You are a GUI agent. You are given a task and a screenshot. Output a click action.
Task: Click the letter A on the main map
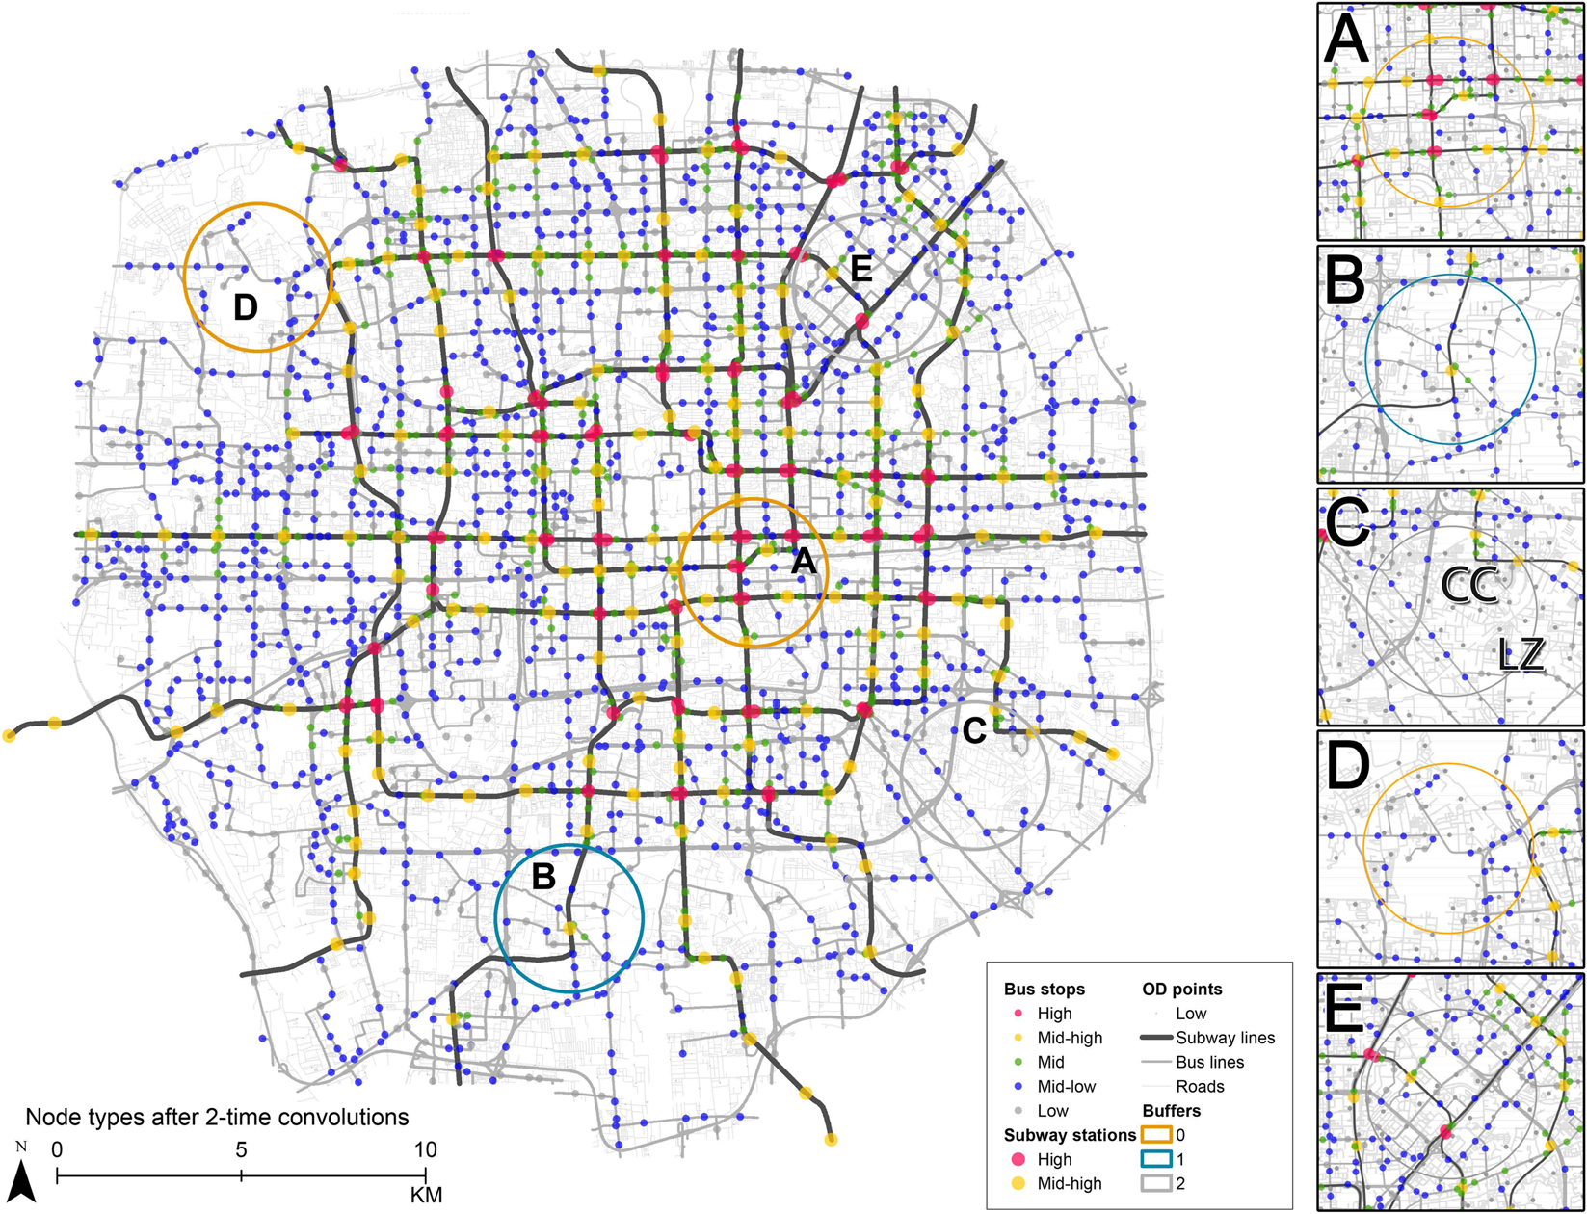(804, 562)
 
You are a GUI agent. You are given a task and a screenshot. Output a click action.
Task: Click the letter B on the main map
(543, 877)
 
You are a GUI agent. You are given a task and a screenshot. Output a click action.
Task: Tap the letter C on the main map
(974, 731)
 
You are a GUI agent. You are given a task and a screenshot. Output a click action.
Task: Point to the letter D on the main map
(246, 307)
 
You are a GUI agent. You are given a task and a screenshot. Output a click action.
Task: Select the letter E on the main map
(860, 269)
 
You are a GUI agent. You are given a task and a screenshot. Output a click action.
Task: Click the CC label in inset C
(1468, 584)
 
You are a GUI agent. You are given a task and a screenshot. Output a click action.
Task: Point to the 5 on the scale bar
(241, 1149)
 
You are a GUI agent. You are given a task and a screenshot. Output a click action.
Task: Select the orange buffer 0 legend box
(1156, 1135)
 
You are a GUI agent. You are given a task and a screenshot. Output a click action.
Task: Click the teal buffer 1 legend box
(1156, 1160)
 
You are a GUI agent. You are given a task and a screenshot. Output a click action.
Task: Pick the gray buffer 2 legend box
(1156, 1184)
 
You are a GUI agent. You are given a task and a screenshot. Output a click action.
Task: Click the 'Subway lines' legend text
(1225, 1038)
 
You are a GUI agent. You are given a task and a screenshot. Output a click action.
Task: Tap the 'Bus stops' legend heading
(1044, 990)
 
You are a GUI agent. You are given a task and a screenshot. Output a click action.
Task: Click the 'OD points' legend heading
(1182, 990)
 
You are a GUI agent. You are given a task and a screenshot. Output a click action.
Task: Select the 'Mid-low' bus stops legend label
(1066, 1087)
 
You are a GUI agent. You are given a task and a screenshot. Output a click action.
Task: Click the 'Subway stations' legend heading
(1070, 1135)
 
